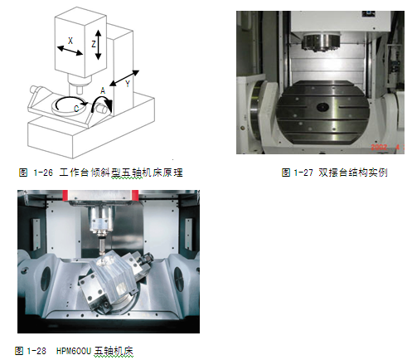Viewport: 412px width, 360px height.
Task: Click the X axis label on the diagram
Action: [70, 41]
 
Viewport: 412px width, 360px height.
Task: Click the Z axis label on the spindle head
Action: [94, 44]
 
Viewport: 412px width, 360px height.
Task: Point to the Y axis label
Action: [128, 84]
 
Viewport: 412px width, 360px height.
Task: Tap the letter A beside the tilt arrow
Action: [103, 90]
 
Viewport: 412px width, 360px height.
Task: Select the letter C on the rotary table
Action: [76, 109]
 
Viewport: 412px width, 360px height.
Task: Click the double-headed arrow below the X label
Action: [70, 51]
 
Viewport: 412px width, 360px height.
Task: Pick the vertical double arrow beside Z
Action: [99, 45]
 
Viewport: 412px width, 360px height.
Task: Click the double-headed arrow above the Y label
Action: [124, 78]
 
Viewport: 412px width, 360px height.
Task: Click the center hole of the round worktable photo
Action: [322, 107]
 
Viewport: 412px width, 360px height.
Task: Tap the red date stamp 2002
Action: [379, 147]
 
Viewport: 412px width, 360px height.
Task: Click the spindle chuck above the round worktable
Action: [321, 42]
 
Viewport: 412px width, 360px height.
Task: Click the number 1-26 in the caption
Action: [43, 173]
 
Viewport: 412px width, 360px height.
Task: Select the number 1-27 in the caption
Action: [303, 173]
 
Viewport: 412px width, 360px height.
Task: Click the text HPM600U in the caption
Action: [74, 351]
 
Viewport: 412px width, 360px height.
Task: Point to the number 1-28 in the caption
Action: [36, 351]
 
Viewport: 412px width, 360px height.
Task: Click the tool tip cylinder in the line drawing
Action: [80, 90]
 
